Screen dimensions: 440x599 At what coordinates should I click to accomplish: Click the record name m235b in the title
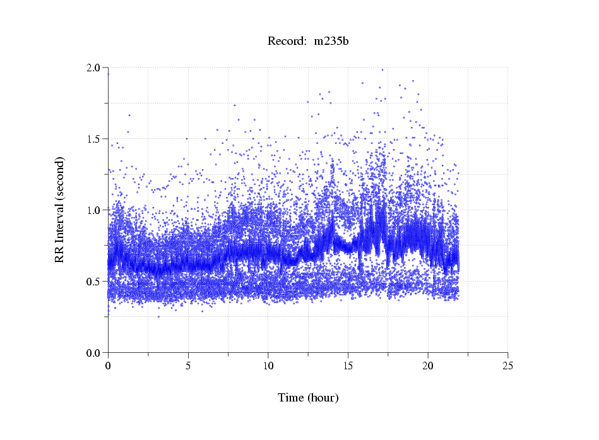pyautogui.click(x=331, y=42)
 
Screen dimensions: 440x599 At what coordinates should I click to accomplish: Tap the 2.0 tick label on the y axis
pyautogui.click(x=95, y=68)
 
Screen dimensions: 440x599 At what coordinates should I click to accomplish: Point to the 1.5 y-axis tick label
pyautogui.click(x=95, y=139)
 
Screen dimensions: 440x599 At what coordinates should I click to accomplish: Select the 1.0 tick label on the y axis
pyautogui.click(x=95, y=210)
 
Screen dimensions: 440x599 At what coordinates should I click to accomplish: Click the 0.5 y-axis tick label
pyautogui.click(x=95, y=282)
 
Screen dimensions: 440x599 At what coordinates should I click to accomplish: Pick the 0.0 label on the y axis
pyautogui.click(x=95, y=353)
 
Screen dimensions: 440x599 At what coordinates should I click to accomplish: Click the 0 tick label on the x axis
pyautogui.click(x=108, y=365)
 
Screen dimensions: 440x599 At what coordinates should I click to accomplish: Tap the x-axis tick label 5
pyautogui.click(x=188, y=365)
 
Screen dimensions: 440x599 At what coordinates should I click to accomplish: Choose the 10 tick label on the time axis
pyautogui.click(x=268, y=365)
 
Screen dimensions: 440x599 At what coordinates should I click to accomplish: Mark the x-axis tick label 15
pyautogui.click(x=348, y=365)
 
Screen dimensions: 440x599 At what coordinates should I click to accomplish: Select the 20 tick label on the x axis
pyautogui.click(x=428, y=365)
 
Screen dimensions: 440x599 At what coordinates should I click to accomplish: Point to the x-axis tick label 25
pyautogui.click(x=508, y=365)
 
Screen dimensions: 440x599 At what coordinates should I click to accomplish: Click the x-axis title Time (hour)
pyautogui.click(x=308, y=398)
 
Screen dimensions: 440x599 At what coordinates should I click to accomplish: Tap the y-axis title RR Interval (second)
pyautogui.click(x=59, y=209)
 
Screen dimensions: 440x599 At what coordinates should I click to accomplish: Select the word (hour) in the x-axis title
pyautogui.click(x=323, y=398)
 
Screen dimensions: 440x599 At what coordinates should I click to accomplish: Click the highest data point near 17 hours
pyautogui.click(x=382, y=69)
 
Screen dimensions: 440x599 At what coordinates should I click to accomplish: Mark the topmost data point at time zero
pyautogui.click(x=108, y=74)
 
